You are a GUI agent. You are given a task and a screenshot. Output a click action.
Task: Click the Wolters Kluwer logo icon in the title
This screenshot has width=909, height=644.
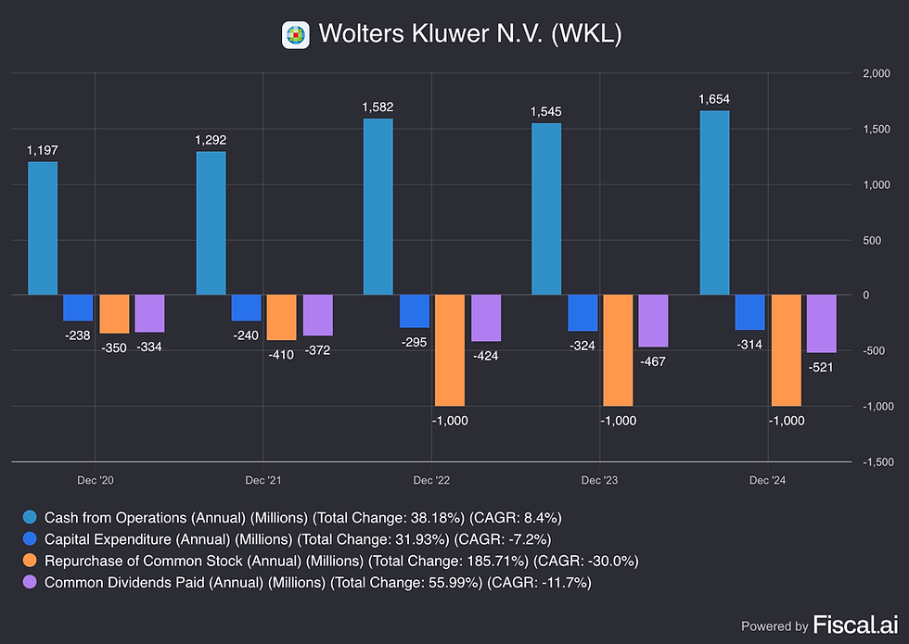[296, 35]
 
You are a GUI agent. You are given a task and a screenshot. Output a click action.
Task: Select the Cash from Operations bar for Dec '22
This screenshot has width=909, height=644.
[378, 207]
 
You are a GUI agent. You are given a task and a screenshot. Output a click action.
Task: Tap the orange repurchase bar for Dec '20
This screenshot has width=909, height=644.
[115, 314]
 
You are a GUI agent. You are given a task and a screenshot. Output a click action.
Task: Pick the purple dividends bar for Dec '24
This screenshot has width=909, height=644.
[822, 323]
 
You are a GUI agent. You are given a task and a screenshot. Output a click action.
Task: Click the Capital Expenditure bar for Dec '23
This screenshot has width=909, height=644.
[583, 313]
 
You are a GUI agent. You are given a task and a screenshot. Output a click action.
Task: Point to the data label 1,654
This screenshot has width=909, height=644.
[714, 99]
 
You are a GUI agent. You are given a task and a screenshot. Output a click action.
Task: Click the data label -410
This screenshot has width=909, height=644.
[281, 354]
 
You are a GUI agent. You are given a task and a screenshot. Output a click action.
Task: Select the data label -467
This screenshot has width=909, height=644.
[653, 361]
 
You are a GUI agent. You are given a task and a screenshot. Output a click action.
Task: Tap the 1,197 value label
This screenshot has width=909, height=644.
[43, 150]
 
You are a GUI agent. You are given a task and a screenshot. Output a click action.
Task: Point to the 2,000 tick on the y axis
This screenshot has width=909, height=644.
[877, 73]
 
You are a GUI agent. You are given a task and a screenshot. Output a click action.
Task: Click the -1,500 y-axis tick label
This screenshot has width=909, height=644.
[878, 462]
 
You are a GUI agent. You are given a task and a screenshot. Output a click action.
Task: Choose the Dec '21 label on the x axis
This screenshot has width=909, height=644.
[263, 480]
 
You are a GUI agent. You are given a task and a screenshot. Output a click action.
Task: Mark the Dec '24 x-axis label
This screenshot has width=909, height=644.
[768, 480]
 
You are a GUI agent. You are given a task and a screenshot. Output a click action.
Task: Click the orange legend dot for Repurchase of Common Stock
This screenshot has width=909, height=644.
[30, 561]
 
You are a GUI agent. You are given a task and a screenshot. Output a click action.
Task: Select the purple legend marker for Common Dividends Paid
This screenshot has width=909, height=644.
[30, 582]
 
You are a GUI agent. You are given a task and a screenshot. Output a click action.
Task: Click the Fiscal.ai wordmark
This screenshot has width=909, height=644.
[855, 625]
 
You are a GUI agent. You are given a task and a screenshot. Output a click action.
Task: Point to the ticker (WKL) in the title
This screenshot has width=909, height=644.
[586, 33]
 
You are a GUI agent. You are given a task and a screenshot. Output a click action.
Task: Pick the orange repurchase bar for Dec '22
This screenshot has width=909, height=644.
[450, 350]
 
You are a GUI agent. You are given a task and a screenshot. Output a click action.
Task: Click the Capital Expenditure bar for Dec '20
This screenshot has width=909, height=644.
[78, 308]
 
